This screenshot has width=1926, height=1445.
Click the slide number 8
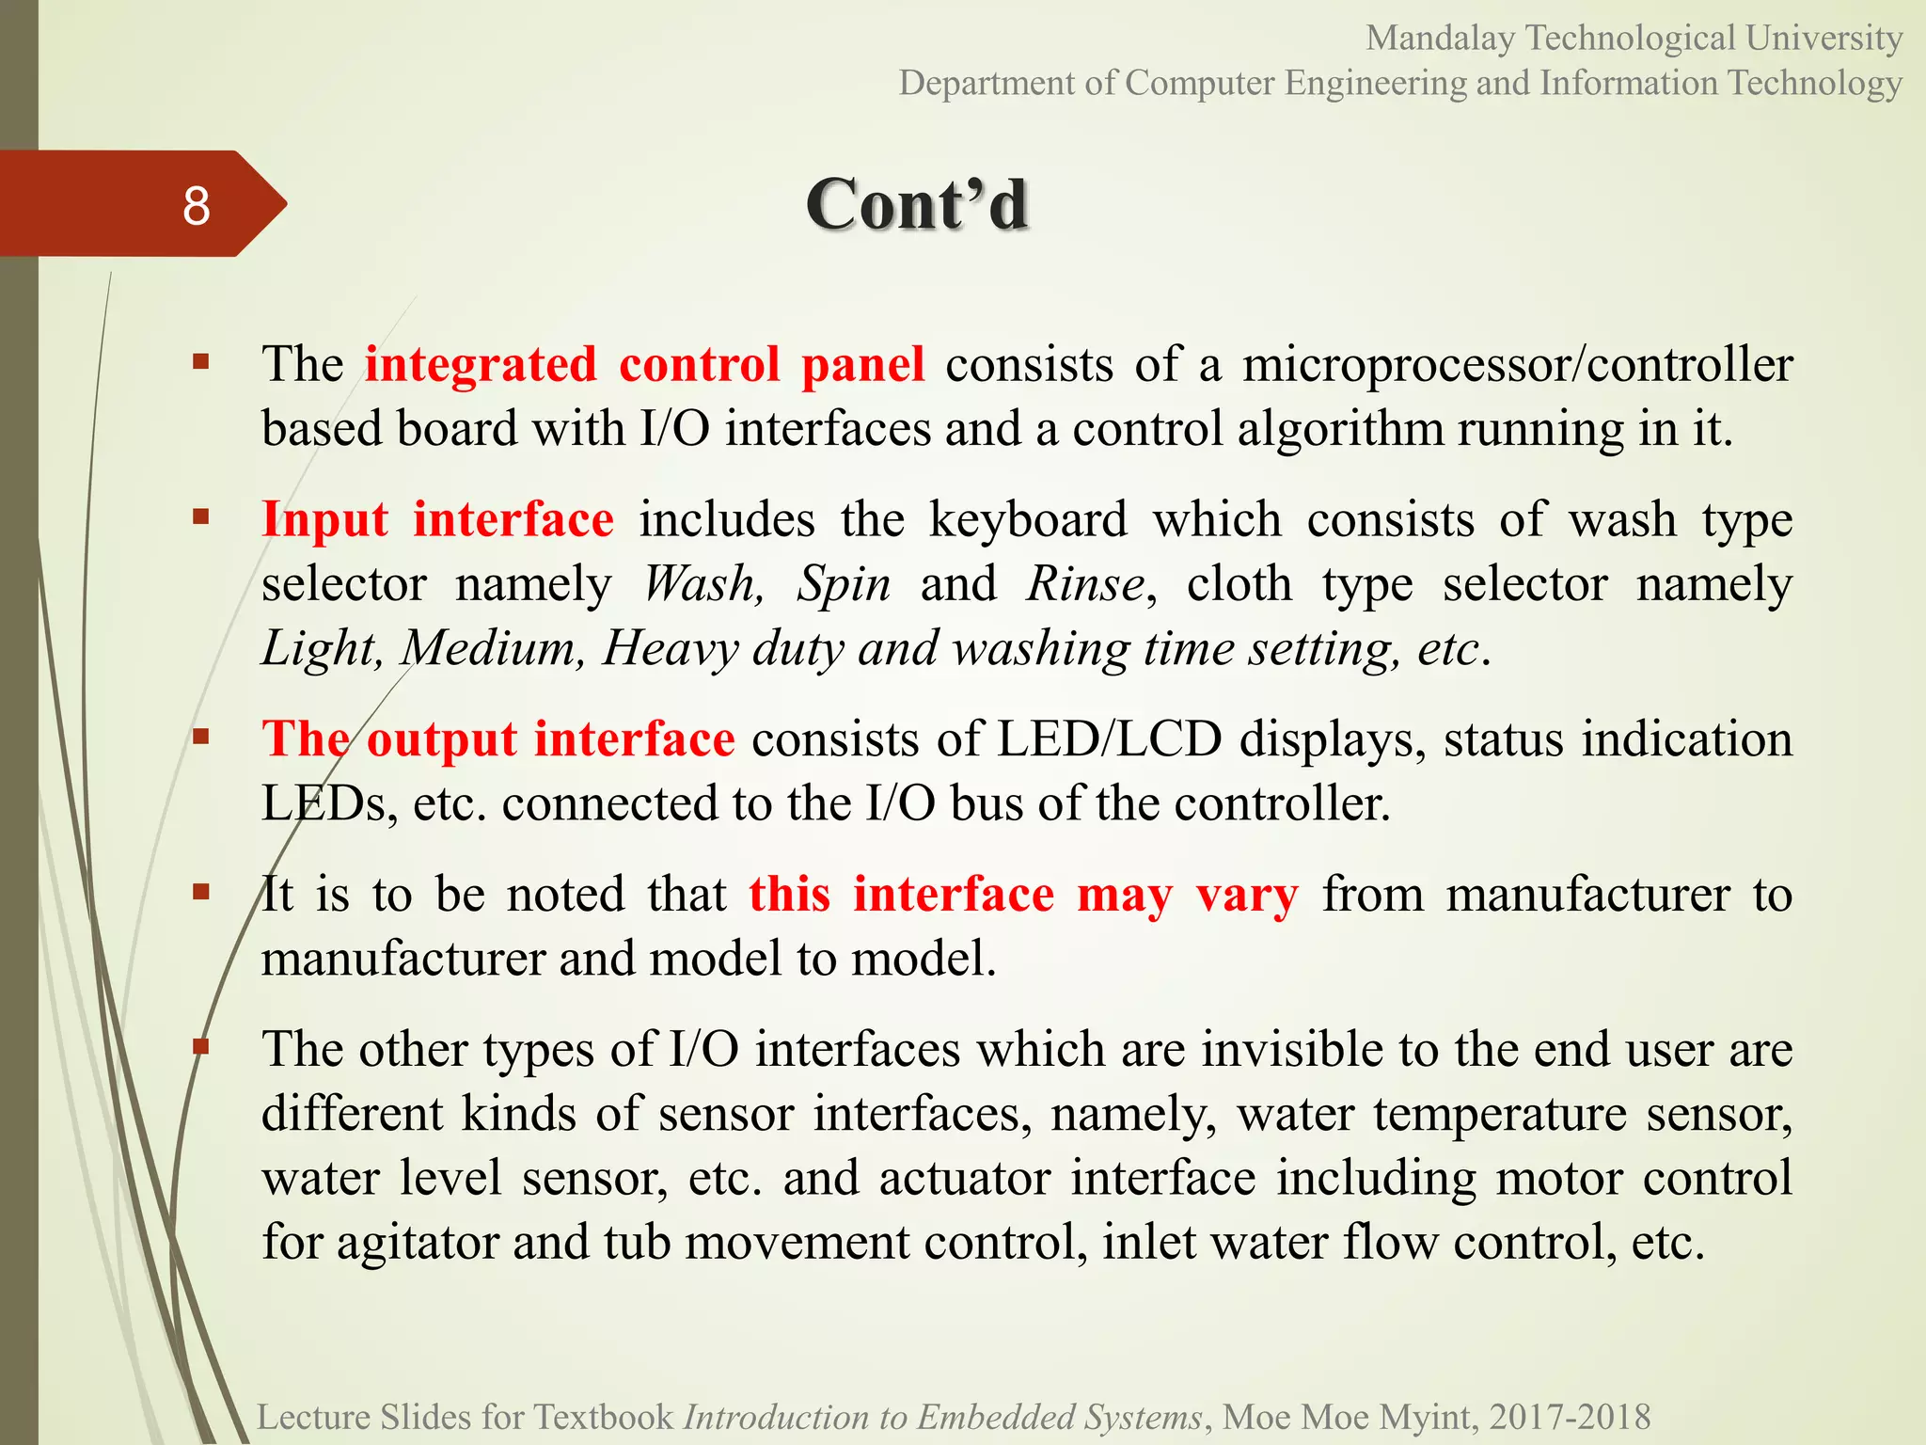[x=196, y=205]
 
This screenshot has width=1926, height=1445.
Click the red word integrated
[x=481, y=364]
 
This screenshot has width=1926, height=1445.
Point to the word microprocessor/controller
[x=1517, y=364]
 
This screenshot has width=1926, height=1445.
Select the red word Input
[x=324, y=519]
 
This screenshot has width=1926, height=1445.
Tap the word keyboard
[x=1028, y=519]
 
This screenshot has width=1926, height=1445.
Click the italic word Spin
[x=844, y=584]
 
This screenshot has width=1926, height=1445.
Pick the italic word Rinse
[x=1085, y=584]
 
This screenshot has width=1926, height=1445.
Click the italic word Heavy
[x=671, y=648]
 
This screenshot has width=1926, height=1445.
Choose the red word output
[x=441, y=738]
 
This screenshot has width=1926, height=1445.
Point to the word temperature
[x=1499, y=1114]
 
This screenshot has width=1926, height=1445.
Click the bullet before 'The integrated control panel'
[x=200, y=361]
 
